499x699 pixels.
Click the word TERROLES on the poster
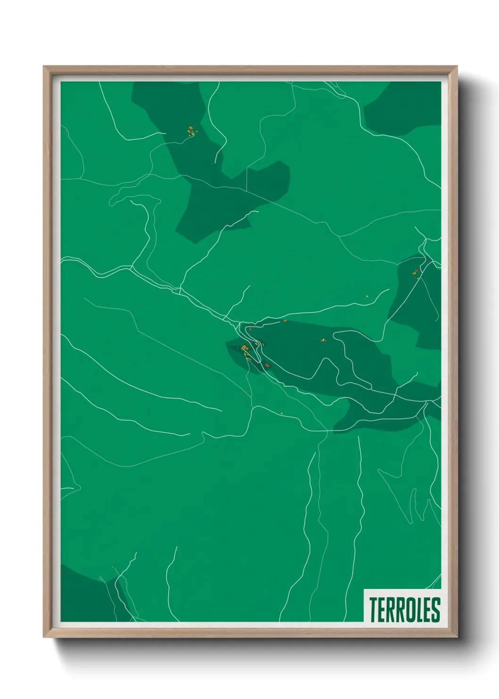point(404,610)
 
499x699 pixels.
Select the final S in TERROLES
point(435,610)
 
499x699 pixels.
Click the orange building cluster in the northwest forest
point(191,131)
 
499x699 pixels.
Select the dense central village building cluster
point(245,350)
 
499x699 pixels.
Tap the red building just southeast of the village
point(267,365)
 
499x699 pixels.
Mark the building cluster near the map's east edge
point(416,273)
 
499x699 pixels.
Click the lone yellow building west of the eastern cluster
point(367,296)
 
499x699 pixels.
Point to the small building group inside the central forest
point(322,340)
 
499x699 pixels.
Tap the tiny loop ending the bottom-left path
point(101,579)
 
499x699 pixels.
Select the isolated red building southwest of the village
point(245,393)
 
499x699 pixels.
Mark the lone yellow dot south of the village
point(282,414)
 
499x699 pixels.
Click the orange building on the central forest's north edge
point(285,321)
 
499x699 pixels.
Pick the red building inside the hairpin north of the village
point(250,329)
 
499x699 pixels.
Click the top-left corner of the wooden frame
point(44,67)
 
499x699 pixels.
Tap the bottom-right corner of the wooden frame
point(457,637)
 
